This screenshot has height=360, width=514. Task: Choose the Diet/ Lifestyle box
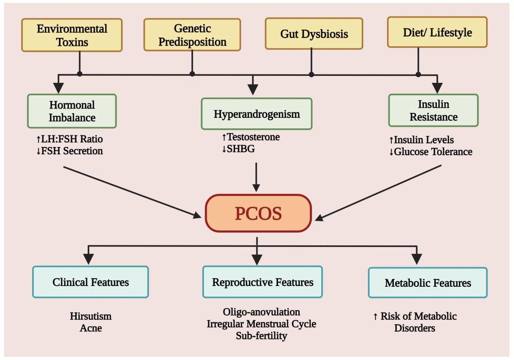pyautogui.click(x=437, y=32)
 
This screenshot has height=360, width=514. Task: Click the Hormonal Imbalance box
pyautogui.click(x=72, y=111)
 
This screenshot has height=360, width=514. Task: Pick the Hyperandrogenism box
pyautogui.click(x=257, y=114)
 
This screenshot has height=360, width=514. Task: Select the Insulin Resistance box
pyautogui.click(x=433, y=111)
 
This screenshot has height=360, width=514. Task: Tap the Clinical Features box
pyautogui.click(x=90, y=282)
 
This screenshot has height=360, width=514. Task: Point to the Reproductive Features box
pyautogui.click(x=263, y=282)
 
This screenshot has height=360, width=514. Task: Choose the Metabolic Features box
pyautogui.click(x=427, y=283)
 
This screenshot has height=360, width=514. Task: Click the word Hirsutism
pyautogui.click(x=90, y=316)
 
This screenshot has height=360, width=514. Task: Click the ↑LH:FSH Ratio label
pyautogui.click(x=70, y=139)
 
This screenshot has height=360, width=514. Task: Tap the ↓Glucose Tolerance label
pyautogui.click(x=430, y=151)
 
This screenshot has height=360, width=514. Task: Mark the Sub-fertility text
pyautogui.click(x=261, y=336)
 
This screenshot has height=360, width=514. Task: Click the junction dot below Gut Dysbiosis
pyautogui.click(x=311, y=74)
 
